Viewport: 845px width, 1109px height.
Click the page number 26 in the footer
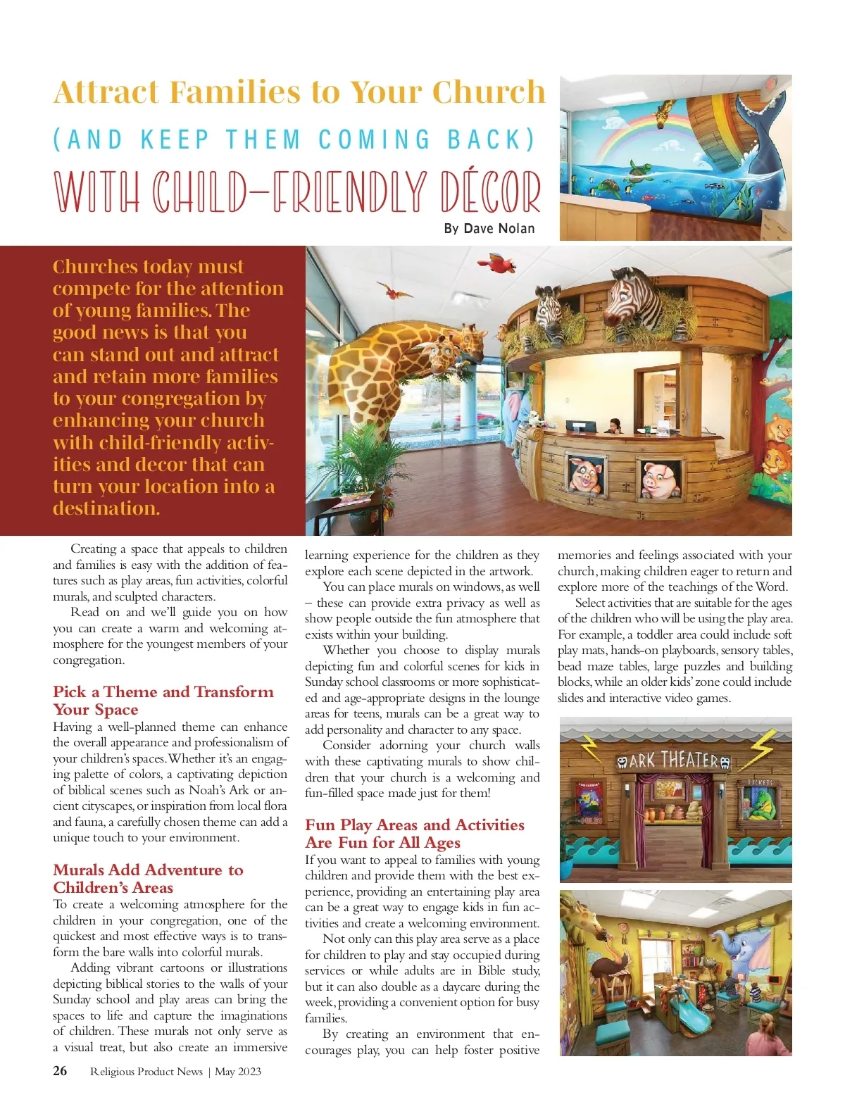click(60, 1071)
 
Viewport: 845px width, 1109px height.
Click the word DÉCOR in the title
click(490, 192)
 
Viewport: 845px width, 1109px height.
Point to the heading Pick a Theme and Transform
click(163, 692)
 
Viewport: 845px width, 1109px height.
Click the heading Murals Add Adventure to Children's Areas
click(148, 879)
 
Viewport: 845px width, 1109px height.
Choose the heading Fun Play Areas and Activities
click(414, 825)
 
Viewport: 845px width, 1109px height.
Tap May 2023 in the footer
click(237, 1072)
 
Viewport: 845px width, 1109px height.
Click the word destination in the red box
click(106, 508)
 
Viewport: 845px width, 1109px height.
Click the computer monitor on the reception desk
click(580, 427)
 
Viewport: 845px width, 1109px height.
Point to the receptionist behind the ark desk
click(613, 426)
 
